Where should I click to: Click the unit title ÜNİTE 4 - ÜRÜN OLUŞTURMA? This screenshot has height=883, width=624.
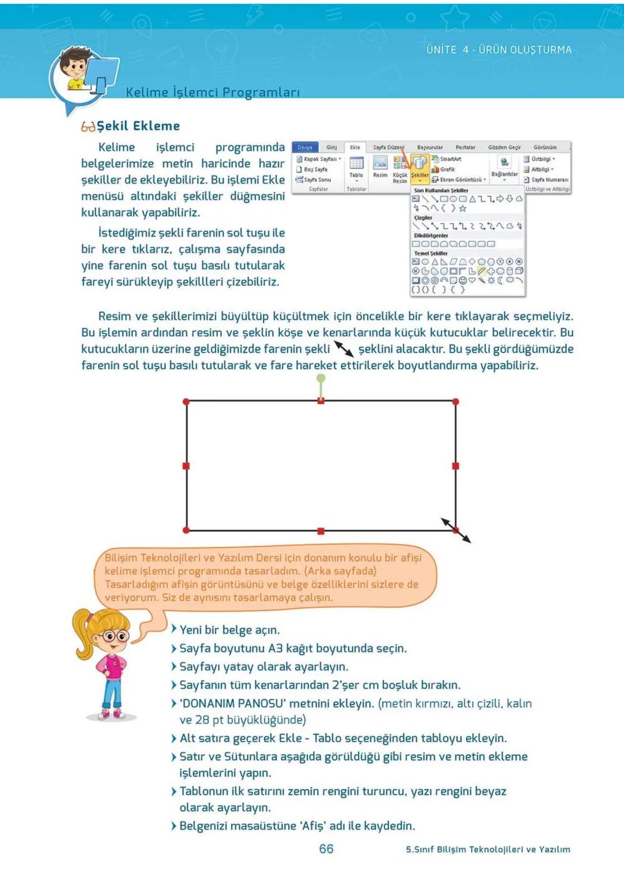[499, 50]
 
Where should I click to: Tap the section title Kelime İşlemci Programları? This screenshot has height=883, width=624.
[213, 92]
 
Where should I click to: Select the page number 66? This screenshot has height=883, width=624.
[326, 848]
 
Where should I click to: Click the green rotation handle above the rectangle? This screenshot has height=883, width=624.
[321, 379]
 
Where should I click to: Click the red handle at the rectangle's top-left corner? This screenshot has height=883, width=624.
[186, 401]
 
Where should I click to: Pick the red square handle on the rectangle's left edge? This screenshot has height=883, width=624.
[186, 466]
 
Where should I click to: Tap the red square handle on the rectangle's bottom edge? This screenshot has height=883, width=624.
[321, 530]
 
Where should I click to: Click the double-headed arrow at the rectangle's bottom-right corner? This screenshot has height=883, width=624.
[456, 530]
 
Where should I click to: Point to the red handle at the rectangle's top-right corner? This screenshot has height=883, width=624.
[456, 401]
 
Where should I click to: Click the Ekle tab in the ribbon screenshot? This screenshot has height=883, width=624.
[355, 147]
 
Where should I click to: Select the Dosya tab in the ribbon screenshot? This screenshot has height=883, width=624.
[305, 147]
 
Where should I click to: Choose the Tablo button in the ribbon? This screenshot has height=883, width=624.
[356, 168]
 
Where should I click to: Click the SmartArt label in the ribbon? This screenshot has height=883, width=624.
[450, 159]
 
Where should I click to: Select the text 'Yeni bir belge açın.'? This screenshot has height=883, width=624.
[229, 630]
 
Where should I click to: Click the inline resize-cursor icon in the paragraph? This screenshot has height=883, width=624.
[344, 349]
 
